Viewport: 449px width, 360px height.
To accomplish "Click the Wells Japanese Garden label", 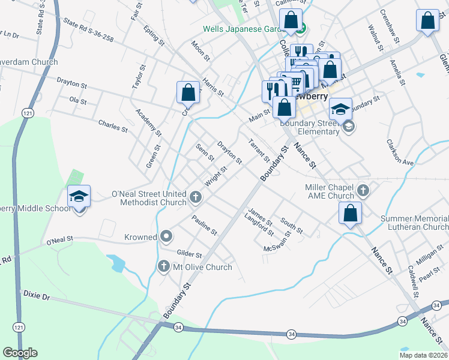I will point(243,29).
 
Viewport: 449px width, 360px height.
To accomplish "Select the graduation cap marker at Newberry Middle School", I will point(79,197).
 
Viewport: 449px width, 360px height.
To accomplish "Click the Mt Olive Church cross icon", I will point(163,266).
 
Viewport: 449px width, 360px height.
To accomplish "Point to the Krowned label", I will point(141,237).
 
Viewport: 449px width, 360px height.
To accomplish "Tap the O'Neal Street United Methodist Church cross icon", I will point(195,197).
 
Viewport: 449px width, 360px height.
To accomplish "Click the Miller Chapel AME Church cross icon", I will point(362,191).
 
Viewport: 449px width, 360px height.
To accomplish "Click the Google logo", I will point(20,353).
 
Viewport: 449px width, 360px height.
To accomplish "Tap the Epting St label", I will point(154,35).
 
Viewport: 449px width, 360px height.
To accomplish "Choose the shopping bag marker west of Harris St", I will point(188,92).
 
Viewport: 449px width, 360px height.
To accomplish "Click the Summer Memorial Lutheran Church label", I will point(414,223).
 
